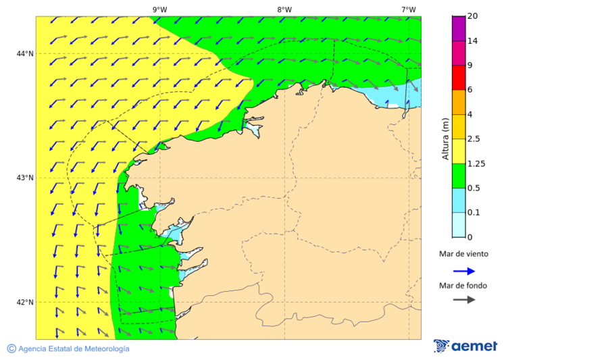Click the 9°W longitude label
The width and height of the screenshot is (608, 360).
(159, 9)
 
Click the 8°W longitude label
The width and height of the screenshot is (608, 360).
(284, 9)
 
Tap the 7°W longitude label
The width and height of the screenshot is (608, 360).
(408, 9)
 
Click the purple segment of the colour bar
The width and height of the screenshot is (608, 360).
(459, 28)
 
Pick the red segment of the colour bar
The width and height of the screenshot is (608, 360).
(459, 77)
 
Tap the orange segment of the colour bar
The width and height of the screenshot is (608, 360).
(459, 102)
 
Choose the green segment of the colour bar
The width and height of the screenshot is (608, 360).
(459, 176)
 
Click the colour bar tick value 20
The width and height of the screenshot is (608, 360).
(473, 16)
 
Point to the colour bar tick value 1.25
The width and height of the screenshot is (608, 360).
(477, 163)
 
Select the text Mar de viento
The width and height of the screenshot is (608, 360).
(463, 255)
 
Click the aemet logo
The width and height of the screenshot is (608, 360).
(465, 346)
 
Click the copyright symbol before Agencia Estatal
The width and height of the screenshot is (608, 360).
(11, 349)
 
